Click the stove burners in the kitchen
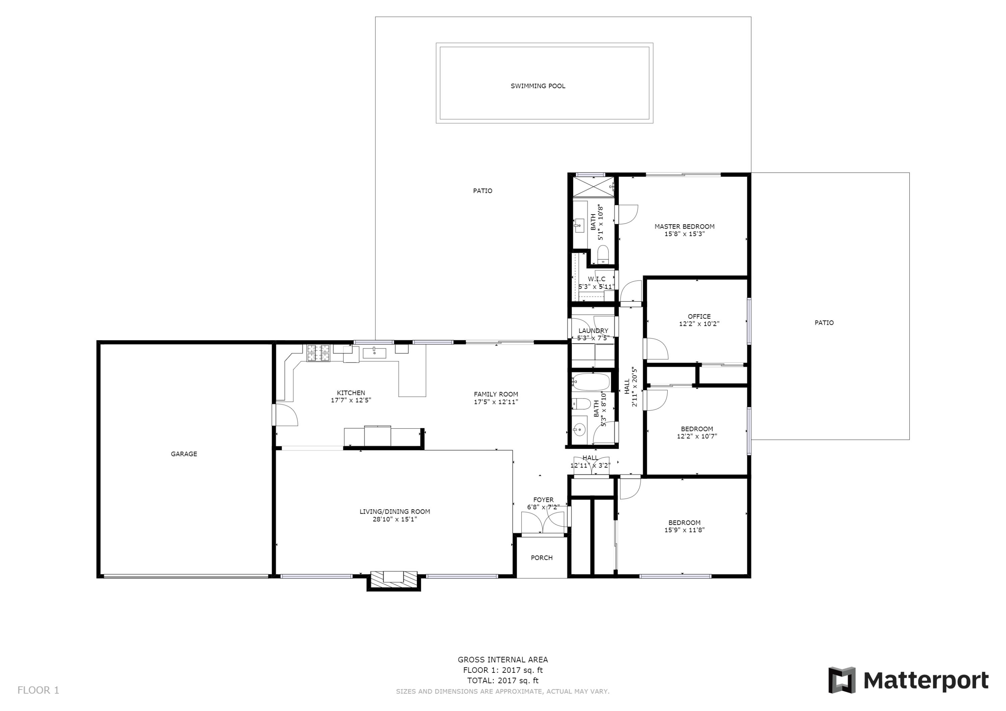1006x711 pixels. pyautogui.click(x=318, y=353)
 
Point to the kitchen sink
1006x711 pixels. pyautogui.click(x=374, y=352)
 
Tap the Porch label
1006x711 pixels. pyautogui.click(x=542, y=558)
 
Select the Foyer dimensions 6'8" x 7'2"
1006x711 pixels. pyautogui.click(x=543, y=507)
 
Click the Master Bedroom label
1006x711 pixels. pyautogui.click(x=684, y=227)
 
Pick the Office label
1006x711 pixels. pyautogui.click(x=699, y=316)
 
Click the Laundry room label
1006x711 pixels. pyautogui.click(x=593, y=331)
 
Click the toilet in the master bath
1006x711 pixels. pyautogui.click(x=603, y=254)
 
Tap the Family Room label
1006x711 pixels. pyautogui.click(x=496, y=394)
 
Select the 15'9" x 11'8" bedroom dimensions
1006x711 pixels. pyautogui.click(x=684, y=530)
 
